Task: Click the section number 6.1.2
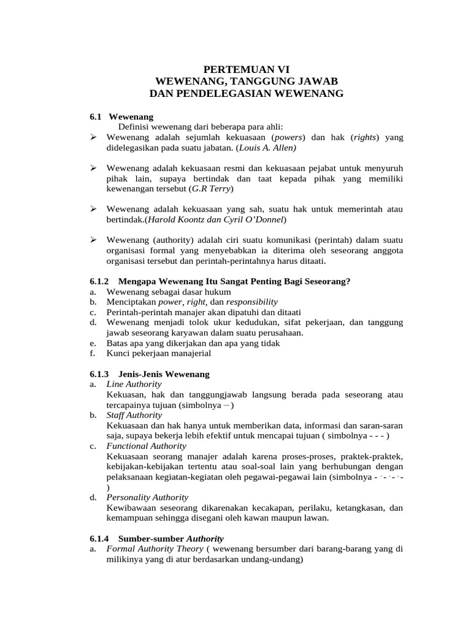pos(99,281)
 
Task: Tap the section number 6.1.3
pos(99,373)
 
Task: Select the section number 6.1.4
pos(99,538)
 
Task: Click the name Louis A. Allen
pos(267,148)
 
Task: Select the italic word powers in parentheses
pos(291,137)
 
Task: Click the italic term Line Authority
pos(134,384)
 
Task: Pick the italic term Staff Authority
pos(134,415)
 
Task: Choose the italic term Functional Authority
pos(145,446)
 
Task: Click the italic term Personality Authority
pos(147,497)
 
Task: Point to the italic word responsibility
pos(251,302)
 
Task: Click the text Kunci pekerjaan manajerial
pos(158,353)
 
